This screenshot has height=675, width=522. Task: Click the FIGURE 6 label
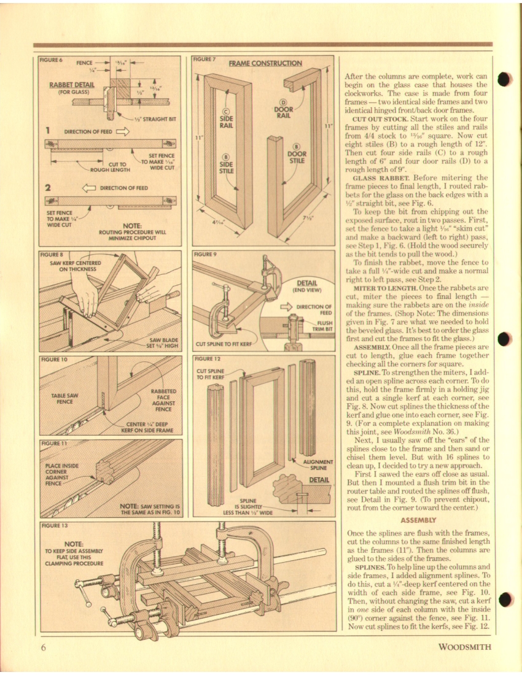(x=51, y=60)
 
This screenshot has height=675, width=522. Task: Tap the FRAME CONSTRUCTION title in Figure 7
(x=265, y=63)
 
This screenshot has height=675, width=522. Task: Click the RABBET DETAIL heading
(x=71, y=85)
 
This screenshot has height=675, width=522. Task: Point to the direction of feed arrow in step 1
(x=122, y=132)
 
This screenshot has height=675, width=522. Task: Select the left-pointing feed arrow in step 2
(x=89, y=188)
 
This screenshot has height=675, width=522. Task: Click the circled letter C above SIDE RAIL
(x=226, y=112)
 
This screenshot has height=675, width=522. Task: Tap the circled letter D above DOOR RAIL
(x=283, y=102)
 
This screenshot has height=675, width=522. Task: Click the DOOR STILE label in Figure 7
(x=297, y=157)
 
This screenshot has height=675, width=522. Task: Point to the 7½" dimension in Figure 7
(x=308, y=218)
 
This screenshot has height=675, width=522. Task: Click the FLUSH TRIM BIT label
(x=323, y=325)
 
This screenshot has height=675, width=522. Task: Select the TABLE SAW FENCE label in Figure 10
(x=64, y=399)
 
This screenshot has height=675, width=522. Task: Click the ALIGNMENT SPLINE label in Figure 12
(x=318, y=465)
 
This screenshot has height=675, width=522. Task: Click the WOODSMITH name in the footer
(x=465, y=647)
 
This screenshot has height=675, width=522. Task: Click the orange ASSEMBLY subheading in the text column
(x=418, y=520)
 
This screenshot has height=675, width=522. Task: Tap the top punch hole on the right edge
(x=504, y=79)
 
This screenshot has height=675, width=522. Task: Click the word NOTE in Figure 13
(x=74, y=544)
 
